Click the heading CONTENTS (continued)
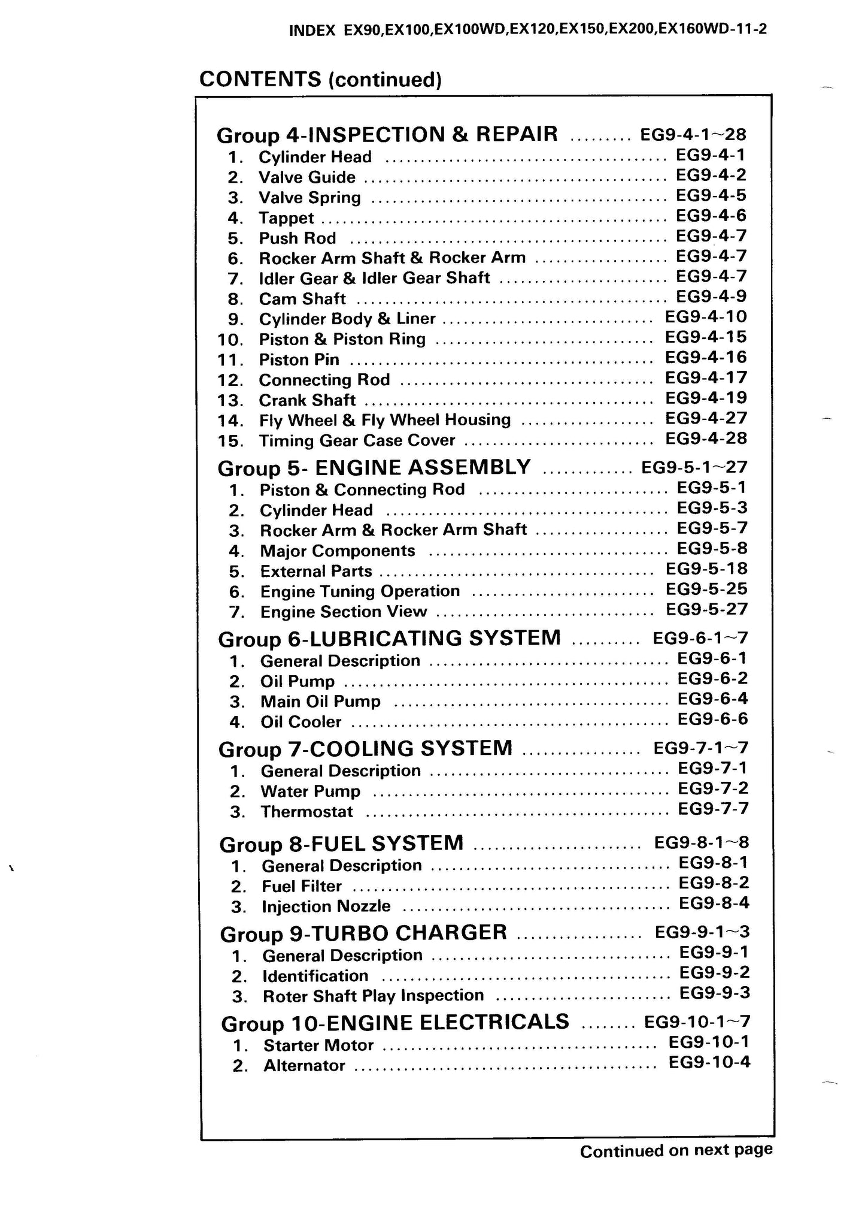(x=320, y=79)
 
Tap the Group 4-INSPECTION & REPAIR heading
(x=387, y=134)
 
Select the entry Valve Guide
(x=306, y=177)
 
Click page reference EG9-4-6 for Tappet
(x=711, y=216)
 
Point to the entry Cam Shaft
(x=302, y=298)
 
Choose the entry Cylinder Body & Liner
(x=347, y=319)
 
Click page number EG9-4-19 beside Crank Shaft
(x=706, y=398)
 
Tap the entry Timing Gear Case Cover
(x=357, y=441)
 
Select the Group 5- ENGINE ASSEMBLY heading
(x=374, y=467)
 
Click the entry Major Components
(x=338, y=551)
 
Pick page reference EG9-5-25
(x=706, y=590)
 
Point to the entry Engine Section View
(x=344, y=612)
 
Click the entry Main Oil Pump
(x=320, y=702)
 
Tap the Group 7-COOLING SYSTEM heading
(x=365, y=749)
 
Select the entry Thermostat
(x=307, y=812)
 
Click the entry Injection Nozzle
(x=326, y=906)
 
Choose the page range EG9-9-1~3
(x=702, y=933)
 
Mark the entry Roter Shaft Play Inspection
(x=374, y=996)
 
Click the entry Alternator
(x=304, y=1066)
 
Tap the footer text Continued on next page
(x=676, y=1150)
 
